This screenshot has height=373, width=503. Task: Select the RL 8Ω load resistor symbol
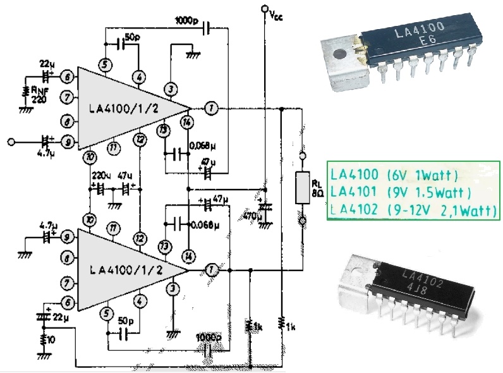[302, 186]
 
